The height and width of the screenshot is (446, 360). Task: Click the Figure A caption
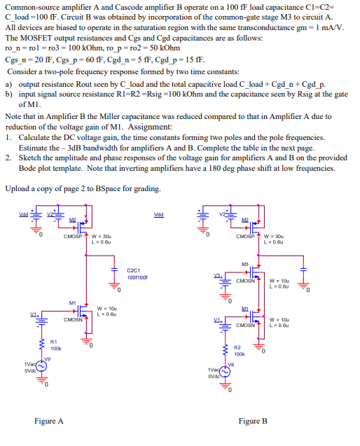pos(49,421)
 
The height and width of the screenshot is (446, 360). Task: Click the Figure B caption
pos(253,421)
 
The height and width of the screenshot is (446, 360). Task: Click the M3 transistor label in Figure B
pos(244,263)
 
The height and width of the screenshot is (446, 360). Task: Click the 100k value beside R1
pos(55,348)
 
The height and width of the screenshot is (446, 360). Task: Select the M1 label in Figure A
pos(72,302)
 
